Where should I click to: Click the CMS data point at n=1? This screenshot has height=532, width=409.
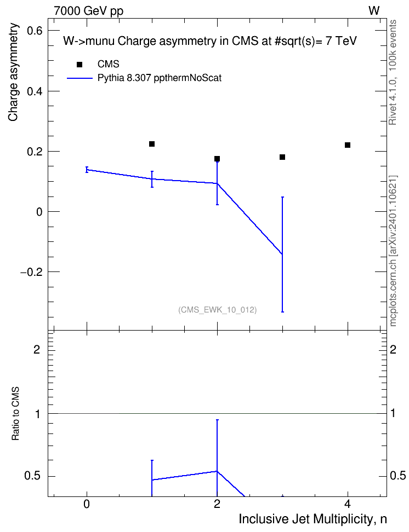152,144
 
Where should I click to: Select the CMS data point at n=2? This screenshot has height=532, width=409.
217,159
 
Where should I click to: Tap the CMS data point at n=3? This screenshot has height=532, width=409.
282,157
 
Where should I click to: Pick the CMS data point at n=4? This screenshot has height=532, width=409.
348,145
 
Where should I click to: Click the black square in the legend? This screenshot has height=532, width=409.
79,65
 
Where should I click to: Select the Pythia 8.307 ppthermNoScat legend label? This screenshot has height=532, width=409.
160,78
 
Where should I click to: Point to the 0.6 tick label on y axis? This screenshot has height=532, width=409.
35,31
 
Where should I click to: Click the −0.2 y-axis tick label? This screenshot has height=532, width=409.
31,272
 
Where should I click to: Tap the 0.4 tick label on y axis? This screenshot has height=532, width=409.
35,91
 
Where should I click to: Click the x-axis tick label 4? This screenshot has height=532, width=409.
348,504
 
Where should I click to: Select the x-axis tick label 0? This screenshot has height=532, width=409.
87,504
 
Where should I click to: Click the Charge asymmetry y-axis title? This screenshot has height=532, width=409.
13,72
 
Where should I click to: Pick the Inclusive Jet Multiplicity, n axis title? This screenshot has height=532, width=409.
313,519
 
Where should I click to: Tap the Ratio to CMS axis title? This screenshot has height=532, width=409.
15,414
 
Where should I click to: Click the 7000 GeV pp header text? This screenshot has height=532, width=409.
88,11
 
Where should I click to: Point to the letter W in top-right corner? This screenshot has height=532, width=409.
374,10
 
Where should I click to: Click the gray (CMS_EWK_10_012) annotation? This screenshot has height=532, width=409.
218,310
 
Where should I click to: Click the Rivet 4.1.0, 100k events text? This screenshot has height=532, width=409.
393,72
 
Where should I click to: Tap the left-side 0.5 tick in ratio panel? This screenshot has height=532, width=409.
33,476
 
